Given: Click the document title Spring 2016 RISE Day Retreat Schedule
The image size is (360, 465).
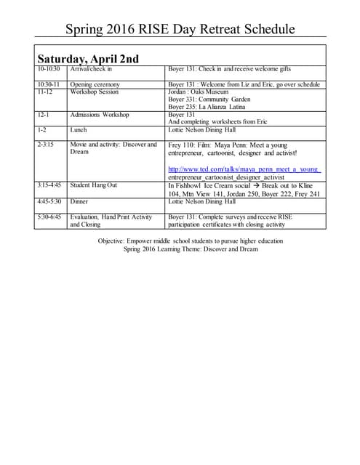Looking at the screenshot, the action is pyautogui.click(x=180, y=29).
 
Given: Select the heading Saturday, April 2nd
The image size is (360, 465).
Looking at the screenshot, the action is pyautogui.click(x=88, y=58).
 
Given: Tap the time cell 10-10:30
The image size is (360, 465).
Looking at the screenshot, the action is pyautogui.click(x=49, y=69).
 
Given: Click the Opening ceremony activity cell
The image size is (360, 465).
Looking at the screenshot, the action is pyautogui.click(x=95, y=85).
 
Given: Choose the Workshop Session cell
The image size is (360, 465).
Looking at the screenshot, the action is pyautogui.click(x=94, y=92).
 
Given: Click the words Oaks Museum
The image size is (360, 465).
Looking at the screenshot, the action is pyautogui.click(x=210, y=92).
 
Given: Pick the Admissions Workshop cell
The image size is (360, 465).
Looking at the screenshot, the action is pyautogui.click(x=100, y=115).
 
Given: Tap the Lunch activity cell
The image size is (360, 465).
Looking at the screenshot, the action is pyautogui.click(x=79, y=130).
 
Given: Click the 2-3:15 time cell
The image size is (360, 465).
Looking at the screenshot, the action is pyautogui.click(x=48, y=145).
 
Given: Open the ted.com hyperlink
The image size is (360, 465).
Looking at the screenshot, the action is pyautogui.click(x=244, y=169).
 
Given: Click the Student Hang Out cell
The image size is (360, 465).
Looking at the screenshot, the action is pyautogui.click(x=94, y=185).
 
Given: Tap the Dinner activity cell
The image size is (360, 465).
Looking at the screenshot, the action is pyautogui.click(x=79, y=201).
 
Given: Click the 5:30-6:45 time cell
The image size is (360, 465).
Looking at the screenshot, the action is pyautogui.click(x=49, y=217).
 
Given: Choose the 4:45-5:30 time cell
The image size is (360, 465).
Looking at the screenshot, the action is pyautogui.click(x=49, y=201).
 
